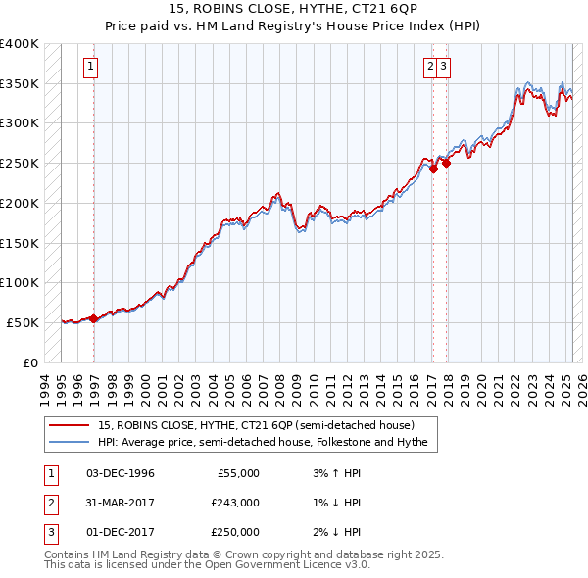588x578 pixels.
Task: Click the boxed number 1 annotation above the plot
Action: (89, 68)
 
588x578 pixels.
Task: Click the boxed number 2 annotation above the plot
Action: (429, 68)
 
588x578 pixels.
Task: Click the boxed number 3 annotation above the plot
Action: (443, 68)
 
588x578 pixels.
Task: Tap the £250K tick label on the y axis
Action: (20, 163)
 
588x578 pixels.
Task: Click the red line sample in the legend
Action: (71, 425)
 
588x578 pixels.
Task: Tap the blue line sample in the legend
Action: (71, 442)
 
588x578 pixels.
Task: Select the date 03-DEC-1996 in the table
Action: (121, 473)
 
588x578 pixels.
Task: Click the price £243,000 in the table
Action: (234, 503)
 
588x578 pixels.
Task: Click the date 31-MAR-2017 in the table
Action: (121, 503)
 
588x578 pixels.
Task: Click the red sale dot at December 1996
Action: (94, 318)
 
